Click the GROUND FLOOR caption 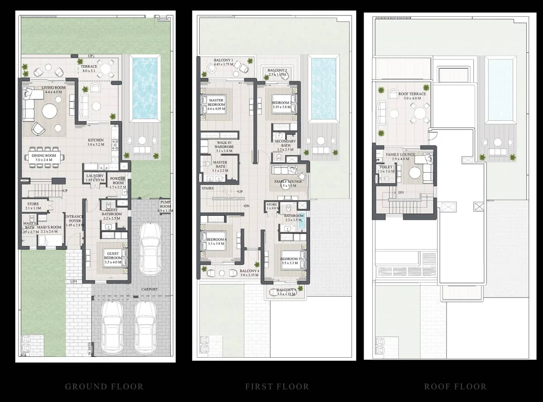click(x=104, y=387)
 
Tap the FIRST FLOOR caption click(x=277, y=387)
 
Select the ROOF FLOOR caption click(x=455, y=387)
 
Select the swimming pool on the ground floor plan click(x=145, y=88)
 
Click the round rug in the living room click(x=49, y=111)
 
